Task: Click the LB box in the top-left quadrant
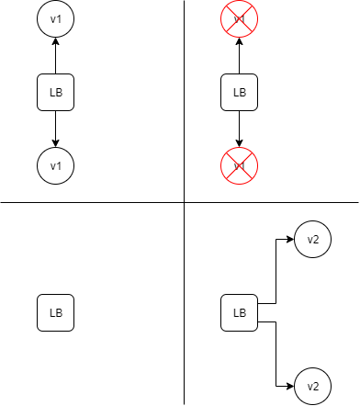tap(55, 92)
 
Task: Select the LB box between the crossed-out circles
tap(240, 92)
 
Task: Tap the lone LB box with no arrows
tap(55, 313)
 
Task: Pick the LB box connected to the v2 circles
tap(240, 313)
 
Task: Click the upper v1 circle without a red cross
tap(55, 18)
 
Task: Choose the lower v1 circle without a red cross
tap(55, 165)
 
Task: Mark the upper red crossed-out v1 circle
tap(240, 18)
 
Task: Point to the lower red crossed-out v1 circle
tap(240, 165)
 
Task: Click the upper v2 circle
tap(313, 239)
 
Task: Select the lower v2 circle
tap(313, 386)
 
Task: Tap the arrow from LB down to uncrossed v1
tap(55, 129)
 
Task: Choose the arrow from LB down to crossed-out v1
tap(240, 129)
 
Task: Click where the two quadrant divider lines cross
tap(184, 202)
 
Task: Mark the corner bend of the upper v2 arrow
tap(276, 239)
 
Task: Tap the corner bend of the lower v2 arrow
tap(276, 386)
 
